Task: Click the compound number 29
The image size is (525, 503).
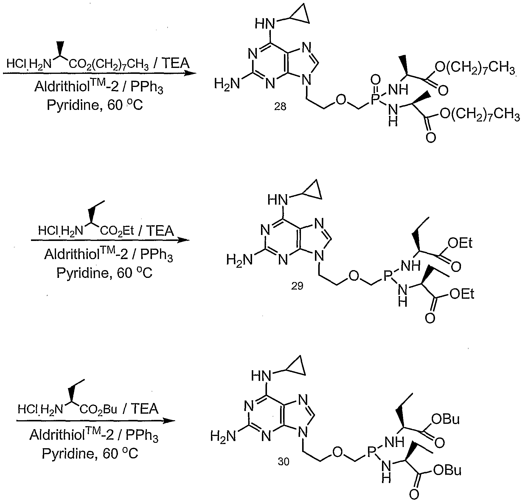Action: click(x=297, y=286)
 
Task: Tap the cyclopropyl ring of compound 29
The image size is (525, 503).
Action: click(x=313, y=191)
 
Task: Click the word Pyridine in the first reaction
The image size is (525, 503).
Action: click(x=72, y=106)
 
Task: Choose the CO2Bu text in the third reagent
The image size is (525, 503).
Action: click(x=99, y=409)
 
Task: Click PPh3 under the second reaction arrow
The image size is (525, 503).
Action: click(x=156, y=255)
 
